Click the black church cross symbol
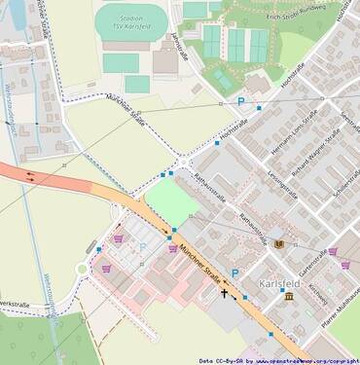click(x=224, y=292)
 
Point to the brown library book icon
click(x=280, y=243)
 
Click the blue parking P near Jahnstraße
click(x=240, y=101)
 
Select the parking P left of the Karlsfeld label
click(x=234, y=274)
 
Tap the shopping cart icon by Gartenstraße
click(x=333, y=251)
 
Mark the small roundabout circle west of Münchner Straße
click(x=82, y=270)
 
